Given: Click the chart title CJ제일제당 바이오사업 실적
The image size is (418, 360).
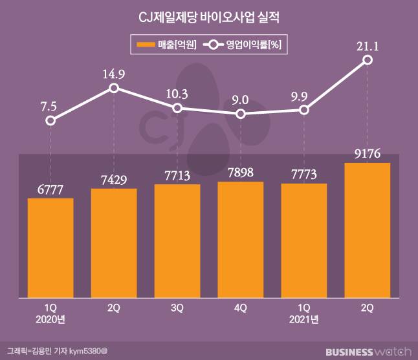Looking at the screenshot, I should coord(209,17).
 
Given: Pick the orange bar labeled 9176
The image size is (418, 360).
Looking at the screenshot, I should coord(368,230).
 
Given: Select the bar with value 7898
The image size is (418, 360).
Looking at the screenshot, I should coord(241,240).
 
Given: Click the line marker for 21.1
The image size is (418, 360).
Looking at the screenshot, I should coord(368,59).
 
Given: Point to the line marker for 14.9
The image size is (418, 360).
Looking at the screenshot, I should coord(114,87).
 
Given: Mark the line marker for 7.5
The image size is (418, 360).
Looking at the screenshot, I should coord(50,120).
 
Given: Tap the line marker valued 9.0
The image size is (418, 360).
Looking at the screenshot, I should coord(241,114).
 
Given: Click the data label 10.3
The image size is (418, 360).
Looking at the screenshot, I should coord(177,94).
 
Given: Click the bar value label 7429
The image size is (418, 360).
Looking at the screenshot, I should coord(114,178).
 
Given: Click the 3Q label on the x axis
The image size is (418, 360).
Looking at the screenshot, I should coord(177,308).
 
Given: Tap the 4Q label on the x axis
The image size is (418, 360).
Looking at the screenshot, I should coord(241,308).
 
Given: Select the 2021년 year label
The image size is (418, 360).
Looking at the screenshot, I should coord(304,319).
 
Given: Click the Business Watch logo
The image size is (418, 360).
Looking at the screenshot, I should coord(368,352).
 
